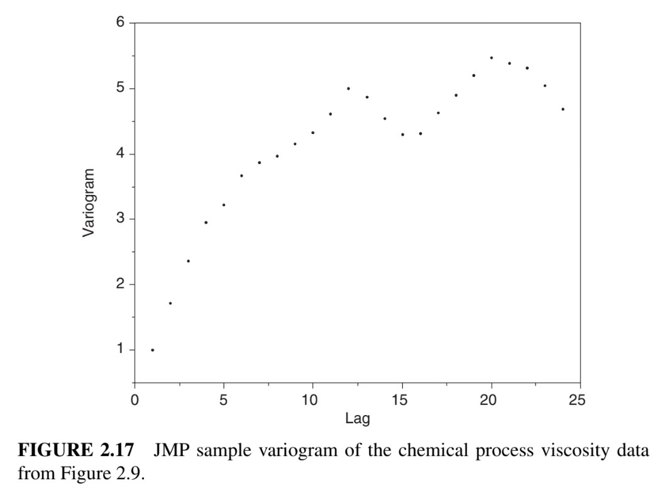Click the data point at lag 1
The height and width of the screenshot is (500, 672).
point(152,350)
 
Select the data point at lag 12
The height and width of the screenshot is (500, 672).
point(348,89)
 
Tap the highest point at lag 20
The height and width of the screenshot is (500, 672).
point(492,58)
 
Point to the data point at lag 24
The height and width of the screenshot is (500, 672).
point(563,109)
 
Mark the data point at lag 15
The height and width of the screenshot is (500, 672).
point(402,135)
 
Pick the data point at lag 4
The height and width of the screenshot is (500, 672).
point(206,223)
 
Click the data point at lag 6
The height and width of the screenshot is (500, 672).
point(241,176)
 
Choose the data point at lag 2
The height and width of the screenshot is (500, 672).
point(170,303)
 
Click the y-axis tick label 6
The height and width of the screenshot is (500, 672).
point(119,23)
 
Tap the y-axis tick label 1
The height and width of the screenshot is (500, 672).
point(119,350)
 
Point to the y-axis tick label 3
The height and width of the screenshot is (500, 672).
point(119,219)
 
